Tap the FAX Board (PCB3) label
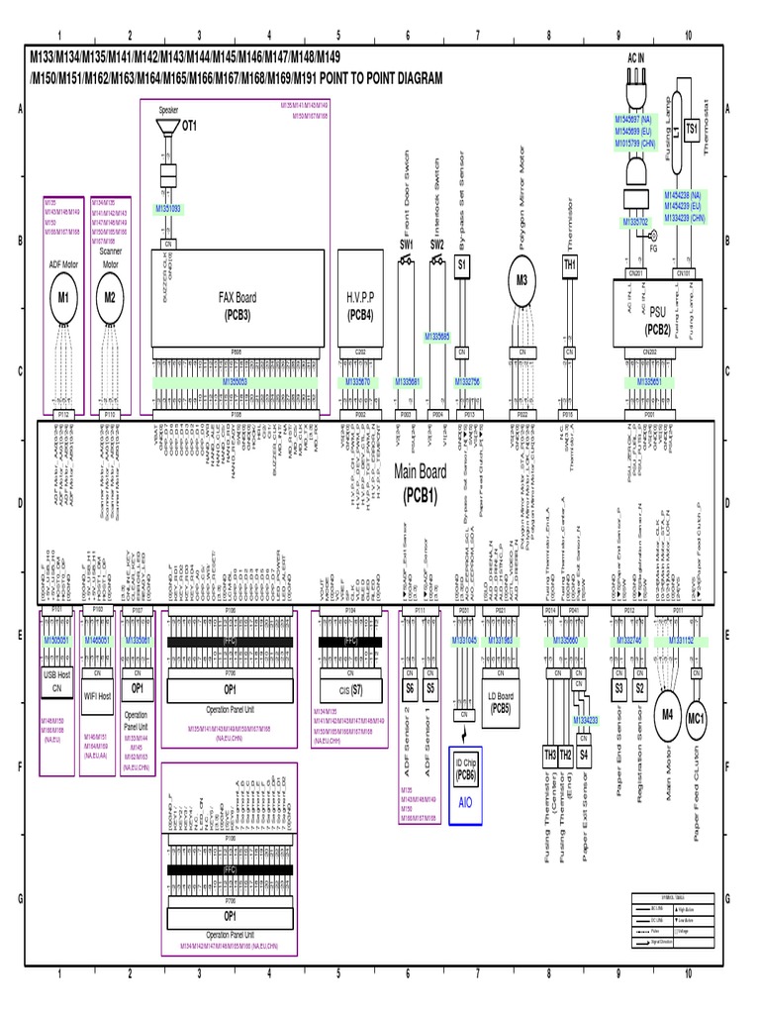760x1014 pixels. point(237,304)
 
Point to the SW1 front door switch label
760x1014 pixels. point(406,244)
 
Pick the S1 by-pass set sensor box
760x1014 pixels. point(461,265)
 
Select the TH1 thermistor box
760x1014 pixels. point(569,265)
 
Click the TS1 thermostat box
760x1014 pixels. point(692,129)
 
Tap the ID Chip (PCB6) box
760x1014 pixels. point(465,768)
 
